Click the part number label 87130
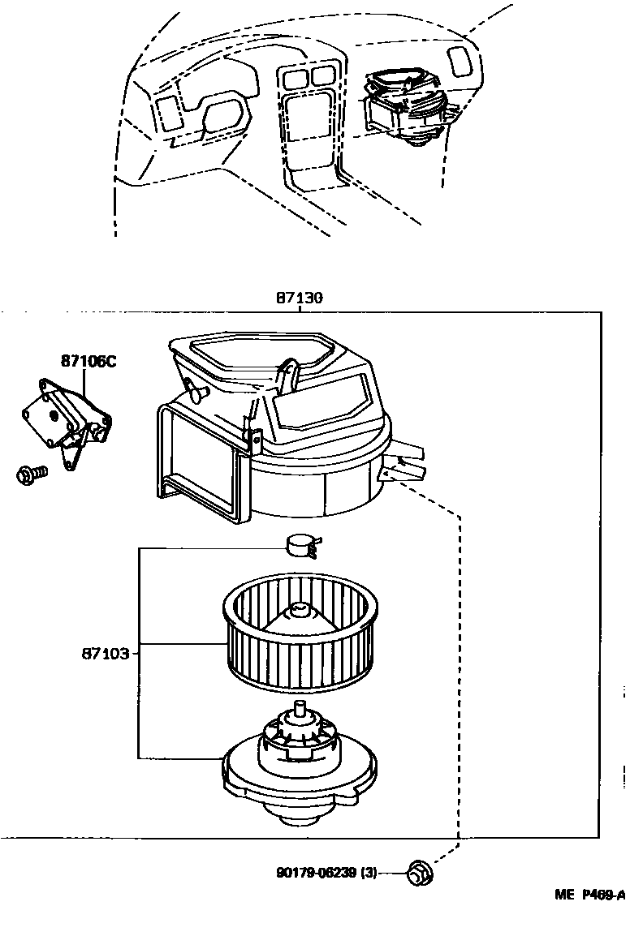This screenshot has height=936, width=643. [x=299, y=298]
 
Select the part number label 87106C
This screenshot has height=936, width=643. [x=88, y=361]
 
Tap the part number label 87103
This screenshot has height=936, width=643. [x=105, y=652]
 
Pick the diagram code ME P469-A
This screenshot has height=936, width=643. [x=589, y=895]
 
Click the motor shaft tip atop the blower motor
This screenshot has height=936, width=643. [x=303, y=707]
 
